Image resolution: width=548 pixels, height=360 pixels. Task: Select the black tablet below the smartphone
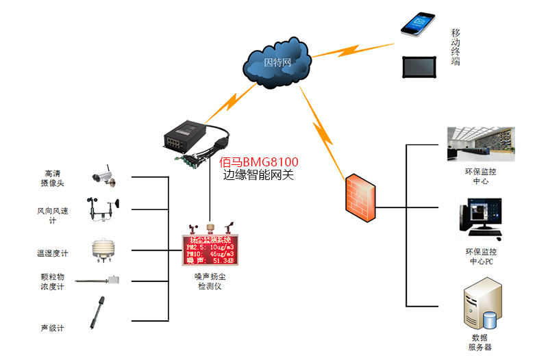[x=418, y=66]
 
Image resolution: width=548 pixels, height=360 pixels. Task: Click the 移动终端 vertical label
[x=456, y=47]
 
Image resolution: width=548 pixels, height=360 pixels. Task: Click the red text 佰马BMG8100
[x=258, y=162]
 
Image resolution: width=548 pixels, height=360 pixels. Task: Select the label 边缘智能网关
[x=258, y=175]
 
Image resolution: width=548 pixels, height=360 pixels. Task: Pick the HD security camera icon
[x=103, y=176]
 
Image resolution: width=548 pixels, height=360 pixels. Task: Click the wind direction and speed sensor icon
[x=103, y=209]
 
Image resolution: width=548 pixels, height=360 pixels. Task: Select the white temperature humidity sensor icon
[x=102, y=250]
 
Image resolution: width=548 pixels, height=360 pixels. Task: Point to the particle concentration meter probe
[x=99, y=280]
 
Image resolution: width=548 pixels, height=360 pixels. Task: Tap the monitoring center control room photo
[x=480, y=144]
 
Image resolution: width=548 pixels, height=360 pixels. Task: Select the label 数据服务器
[x=480, y=342]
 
